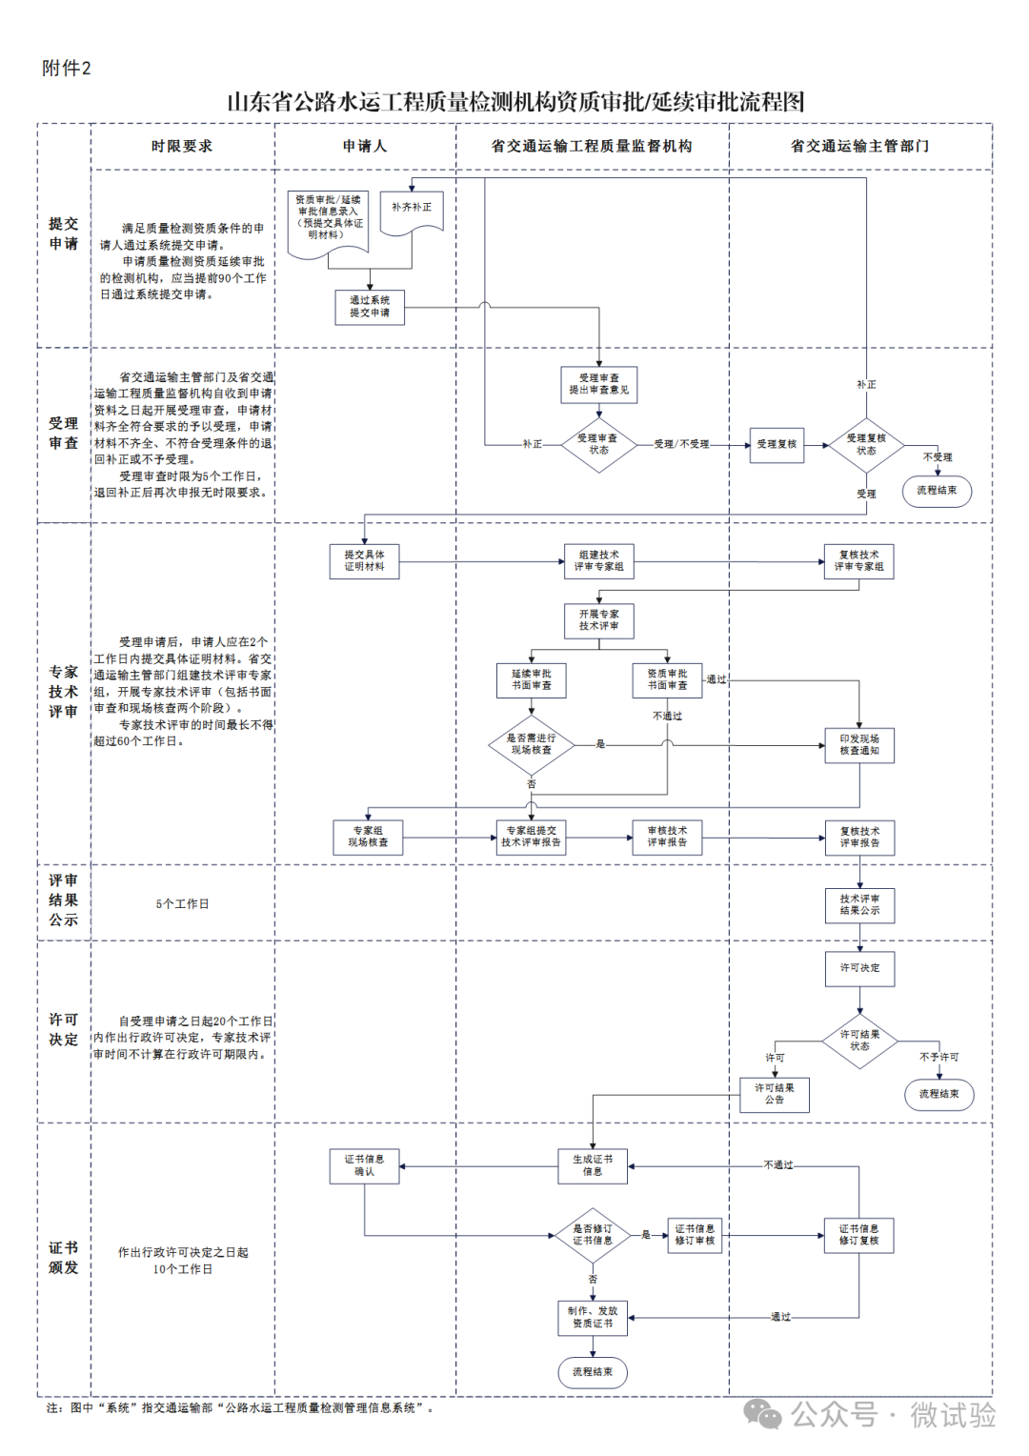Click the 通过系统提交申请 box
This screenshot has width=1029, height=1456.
(x=370, y=307)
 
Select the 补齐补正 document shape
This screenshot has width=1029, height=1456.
(x=412, y=211)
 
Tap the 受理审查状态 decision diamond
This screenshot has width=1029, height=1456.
(x=598, y=444)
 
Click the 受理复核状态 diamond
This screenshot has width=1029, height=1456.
(x=866, y=444)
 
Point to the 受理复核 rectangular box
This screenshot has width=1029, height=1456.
(x=777, y=444)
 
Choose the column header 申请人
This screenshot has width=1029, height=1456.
(x=365, y=146)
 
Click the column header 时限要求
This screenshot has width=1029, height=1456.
(x=182, y=146)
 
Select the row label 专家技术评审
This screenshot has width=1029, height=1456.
(x=64, y=692)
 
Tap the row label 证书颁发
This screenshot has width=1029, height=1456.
(x=64, y=1258)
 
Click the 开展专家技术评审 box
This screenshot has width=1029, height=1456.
(x=598, y=620)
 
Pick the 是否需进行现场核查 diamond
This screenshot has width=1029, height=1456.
(x=531, y=744)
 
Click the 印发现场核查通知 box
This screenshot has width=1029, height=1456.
(x=859, y=744)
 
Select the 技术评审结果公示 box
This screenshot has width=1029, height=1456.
(x=859, y=905)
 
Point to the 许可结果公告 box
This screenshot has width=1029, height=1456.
(x=775, y=1094)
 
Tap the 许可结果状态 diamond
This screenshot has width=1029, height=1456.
(x=859, y=1041)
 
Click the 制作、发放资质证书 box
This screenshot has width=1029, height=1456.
(x=593, y=1317)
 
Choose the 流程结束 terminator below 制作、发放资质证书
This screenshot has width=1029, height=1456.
(x=593, y=1372)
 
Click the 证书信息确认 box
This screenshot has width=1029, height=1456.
(x=364, y=1165)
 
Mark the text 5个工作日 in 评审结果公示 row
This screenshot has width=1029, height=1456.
(x=182, y=903)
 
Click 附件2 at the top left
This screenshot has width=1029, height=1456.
(x=67, y=69)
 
